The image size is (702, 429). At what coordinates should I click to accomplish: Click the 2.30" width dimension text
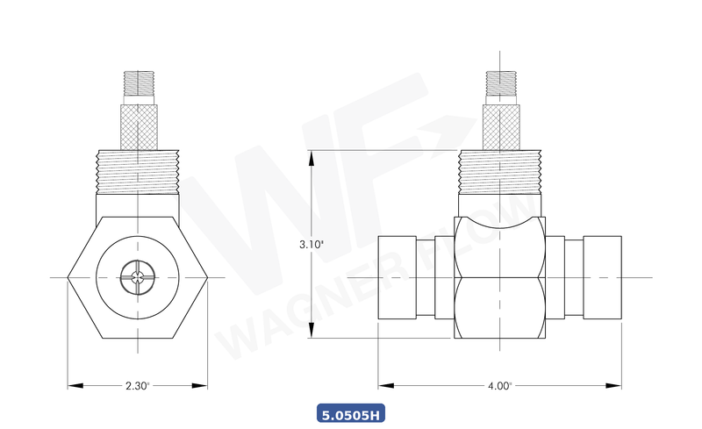coord(138,385)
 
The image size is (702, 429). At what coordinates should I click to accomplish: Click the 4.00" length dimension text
coord(499,385)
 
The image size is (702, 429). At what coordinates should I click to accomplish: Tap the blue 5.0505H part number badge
coord(350,412)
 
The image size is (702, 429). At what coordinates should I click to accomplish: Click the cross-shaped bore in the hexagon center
coord(138,278)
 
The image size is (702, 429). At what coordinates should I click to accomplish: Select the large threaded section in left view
coord(138,172)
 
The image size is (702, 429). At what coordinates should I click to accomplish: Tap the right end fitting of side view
coord(602,277)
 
